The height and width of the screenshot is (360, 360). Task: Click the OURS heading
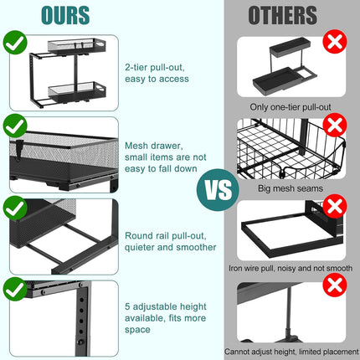[65, 15]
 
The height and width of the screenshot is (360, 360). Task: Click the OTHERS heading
[283, 15]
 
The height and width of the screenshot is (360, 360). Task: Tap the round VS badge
[218, 190]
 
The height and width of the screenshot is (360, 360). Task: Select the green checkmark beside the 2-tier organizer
[15, 43]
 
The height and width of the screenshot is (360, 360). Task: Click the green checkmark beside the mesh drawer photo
[15, 126]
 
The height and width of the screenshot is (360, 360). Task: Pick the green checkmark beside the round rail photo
[15, 208]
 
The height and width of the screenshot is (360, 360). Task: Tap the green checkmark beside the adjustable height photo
[15, 289]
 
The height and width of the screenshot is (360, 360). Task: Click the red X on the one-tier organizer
[335, 41]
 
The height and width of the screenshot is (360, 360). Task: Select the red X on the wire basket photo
[335, 125]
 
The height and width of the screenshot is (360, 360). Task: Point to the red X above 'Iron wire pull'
[335, 207]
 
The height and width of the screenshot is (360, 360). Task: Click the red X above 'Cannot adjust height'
[335, 285]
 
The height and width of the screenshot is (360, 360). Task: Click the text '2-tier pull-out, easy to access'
[157, 73]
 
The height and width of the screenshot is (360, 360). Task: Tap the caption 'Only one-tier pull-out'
[291, 107]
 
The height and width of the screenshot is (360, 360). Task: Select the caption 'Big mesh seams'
[291, 188]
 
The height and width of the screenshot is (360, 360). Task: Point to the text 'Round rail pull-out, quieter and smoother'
[171, 241]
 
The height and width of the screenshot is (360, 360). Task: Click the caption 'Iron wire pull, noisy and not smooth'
[291, 268]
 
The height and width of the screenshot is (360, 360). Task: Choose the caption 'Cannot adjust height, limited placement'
[291, 352]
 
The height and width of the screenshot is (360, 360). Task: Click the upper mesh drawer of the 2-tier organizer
[77, 45]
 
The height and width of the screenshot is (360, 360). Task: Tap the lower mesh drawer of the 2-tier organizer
[77, 91]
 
